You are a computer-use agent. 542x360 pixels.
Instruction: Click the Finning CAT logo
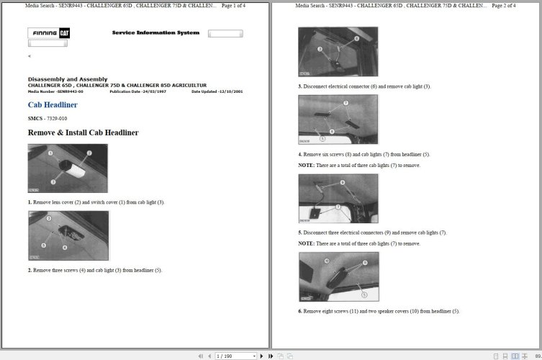tap(49, 33)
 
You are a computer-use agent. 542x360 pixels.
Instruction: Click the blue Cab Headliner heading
tap(53, 105)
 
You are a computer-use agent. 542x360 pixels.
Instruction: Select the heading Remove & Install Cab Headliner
tap(83, 132)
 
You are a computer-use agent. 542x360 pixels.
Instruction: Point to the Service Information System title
tap(155, 33)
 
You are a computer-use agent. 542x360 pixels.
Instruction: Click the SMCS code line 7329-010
tap(48, 118)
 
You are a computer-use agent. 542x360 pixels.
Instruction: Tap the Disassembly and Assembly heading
tap(68, 79)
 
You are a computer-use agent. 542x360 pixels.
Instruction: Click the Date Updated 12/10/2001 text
tap(217, 92)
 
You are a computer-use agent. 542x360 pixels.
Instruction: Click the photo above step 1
tap(68, 168)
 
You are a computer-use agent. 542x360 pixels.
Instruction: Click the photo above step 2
tap(68, 235)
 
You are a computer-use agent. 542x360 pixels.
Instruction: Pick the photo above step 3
tap(338, 52)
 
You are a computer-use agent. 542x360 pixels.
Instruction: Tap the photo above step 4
tap(338, 120)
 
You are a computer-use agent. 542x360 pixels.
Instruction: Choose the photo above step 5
tap(338, 198)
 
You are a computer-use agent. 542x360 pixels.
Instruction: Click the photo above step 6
tap(338, 276)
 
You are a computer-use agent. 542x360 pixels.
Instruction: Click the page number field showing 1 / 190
tap(235, 356)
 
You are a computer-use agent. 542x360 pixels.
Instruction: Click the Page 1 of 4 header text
tap(233, 6)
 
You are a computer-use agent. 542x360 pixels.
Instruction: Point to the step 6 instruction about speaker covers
tap(379, 311)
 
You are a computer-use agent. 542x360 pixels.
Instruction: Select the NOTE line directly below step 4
tap(359, 166)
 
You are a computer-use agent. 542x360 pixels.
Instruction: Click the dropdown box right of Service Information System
tap(225, 34)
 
